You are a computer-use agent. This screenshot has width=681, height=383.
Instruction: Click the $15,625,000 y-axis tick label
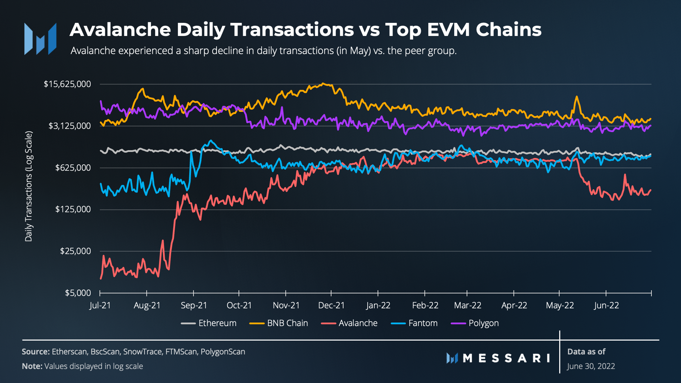pyautogui.click(x=67, y=84)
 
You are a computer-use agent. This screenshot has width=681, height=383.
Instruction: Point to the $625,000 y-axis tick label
pyautogui.click(x=73, y=168)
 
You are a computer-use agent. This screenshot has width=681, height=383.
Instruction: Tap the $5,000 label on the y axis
pyautogui.click(x=78, y=293)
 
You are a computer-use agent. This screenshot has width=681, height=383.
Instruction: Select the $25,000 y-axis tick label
pyautogui.click(x=75, y=251)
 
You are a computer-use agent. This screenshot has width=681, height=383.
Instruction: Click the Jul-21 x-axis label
pyautogui.click(x=100, y=305)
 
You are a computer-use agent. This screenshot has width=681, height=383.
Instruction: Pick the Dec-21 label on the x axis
pyautogui.click(x=331, y=305)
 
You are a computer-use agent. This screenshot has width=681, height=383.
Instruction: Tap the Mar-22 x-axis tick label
pyautogui.click(x=467, y=305)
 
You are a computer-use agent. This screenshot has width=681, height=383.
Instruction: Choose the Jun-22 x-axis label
pyautogui.click(x=606, y=305)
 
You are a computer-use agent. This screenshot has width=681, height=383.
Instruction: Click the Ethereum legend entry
pyautogui.click(x=217, y=323)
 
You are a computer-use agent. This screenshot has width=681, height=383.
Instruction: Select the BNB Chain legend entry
pyautogui.click(x=287, y=323)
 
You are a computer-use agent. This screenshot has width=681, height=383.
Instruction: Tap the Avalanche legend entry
pyautogui.click(x=358, y=323)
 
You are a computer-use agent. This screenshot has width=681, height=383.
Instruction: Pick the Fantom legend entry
pyautogui.click(x=423, y=323)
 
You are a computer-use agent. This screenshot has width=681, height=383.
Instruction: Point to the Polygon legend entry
pyautogui.click(x=483, y=323)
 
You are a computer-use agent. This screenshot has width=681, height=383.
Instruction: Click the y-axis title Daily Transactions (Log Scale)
pyautogui.click(x=29, y=186)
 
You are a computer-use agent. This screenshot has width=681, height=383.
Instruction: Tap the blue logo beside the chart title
pyautogui.click(x=40, y=39)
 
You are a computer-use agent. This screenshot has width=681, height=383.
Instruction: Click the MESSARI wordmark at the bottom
pyautogui.click(x=506, y=359)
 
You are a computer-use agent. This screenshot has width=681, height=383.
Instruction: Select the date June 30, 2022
pyautogui.click(x=591, y=366)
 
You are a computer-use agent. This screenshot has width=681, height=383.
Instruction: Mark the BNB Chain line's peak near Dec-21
pyautogui.click(x=323, y=84)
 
